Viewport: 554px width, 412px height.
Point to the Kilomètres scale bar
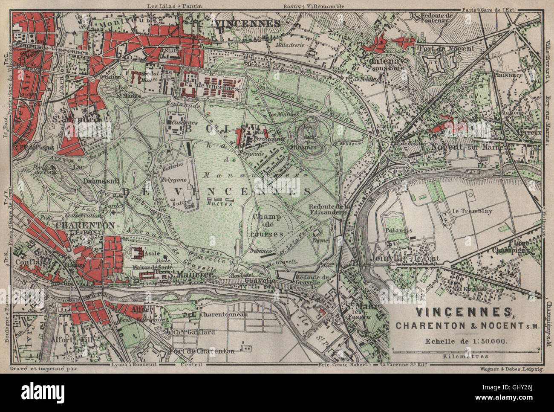[x=465, y=351]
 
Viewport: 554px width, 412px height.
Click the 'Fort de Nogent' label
[x=446, y=49]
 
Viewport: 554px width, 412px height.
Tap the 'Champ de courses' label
[x=267, y=225]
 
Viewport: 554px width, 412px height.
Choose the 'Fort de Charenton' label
[x=202, y=351]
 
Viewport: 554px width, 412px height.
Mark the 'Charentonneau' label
[x=218, y=315]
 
